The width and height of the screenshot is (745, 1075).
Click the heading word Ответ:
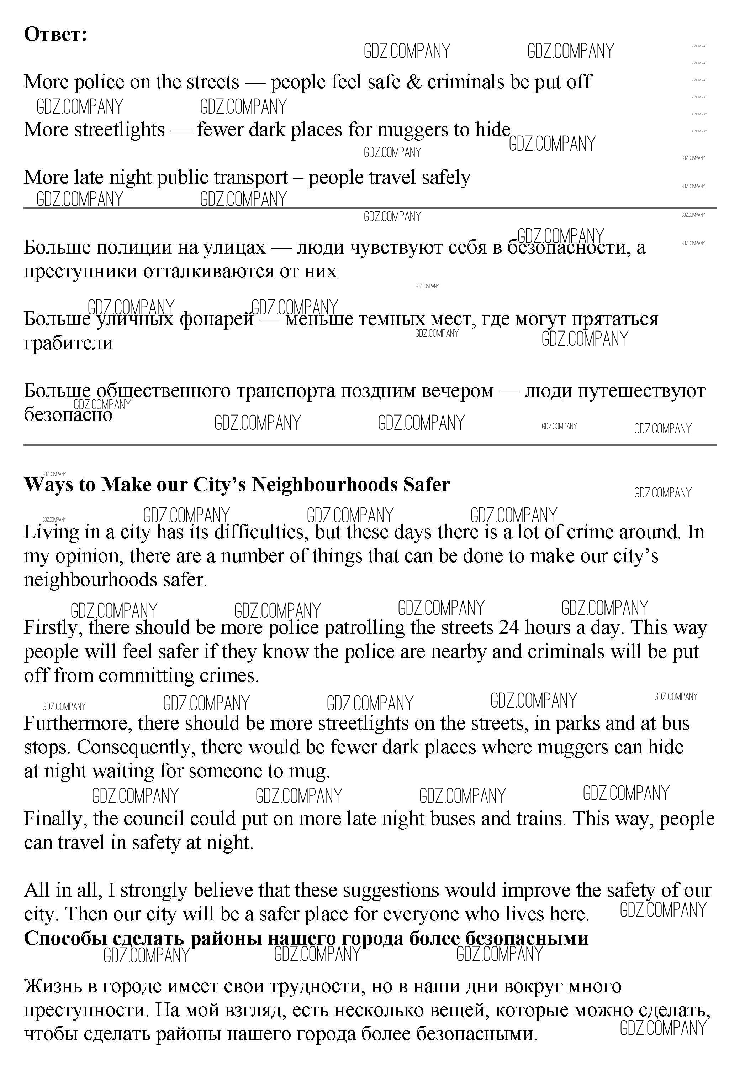click(55, 35)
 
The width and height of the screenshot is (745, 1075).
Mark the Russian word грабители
click(68, 343)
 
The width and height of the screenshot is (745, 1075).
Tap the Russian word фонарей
click(217, 319)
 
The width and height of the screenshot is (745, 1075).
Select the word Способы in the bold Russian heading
click(65, 938)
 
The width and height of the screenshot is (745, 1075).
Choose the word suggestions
click(391, 891)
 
